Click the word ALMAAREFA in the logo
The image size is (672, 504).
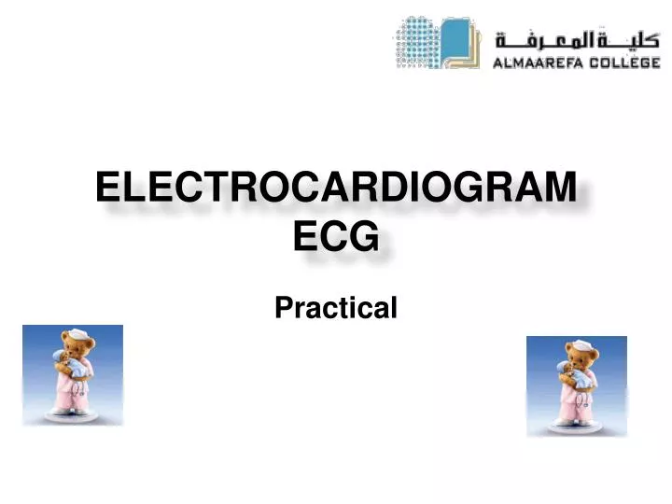(536, 63)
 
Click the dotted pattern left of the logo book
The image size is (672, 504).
(414, 43)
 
